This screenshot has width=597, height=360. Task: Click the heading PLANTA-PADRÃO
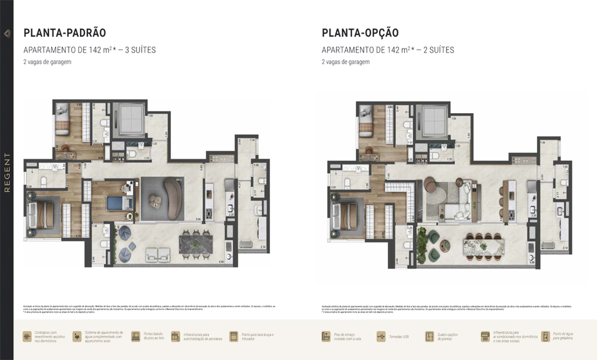tap(64, 33)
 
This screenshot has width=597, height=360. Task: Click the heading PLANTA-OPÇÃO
tap(360, 33)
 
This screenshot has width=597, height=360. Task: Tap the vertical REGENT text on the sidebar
tap(7, 173)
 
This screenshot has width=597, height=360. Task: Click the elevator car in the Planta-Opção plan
tap(433, 121)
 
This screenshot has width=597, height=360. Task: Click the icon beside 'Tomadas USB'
tap(381, 337)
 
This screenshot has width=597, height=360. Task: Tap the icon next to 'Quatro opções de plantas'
tap(430, 337)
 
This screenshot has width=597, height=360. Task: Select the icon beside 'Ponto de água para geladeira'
tap(545, 337)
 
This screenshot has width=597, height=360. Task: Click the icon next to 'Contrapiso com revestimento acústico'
tap(27, 337)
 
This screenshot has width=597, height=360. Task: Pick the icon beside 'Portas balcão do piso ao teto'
tap(136, 337)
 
